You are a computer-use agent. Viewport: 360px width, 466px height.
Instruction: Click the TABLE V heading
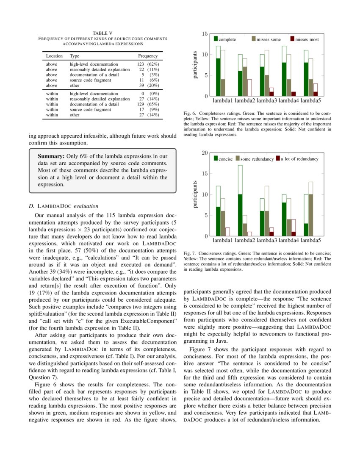click(x=102, y=33)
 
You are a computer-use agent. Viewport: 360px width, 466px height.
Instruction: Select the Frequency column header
click(x=147, y=56)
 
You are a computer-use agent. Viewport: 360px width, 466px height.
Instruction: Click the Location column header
click(x=54, y=56)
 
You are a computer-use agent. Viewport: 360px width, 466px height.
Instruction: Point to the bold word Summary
click(x=51, y=156)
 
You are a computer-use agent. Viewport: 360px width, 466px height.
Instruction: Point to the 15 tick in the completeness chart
click(x=205, y=33)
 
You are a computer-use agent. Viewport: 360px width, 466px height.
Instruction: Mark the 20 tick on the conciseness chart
click(x=205, y=153)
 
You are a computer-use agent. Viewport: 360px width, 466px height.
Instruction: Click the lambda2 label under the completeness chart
click(x=245, y=101)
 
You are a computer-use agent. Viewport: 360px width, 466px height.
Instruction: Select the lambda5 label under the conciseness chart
click(x=311, y=241)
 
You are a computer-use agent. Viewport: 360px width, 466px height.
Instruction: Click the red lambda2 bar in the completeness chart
click(x=249, y=88)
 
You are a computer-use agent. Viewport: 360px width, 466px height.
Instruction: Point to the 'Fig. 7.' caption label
click(x=190, y=253)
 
